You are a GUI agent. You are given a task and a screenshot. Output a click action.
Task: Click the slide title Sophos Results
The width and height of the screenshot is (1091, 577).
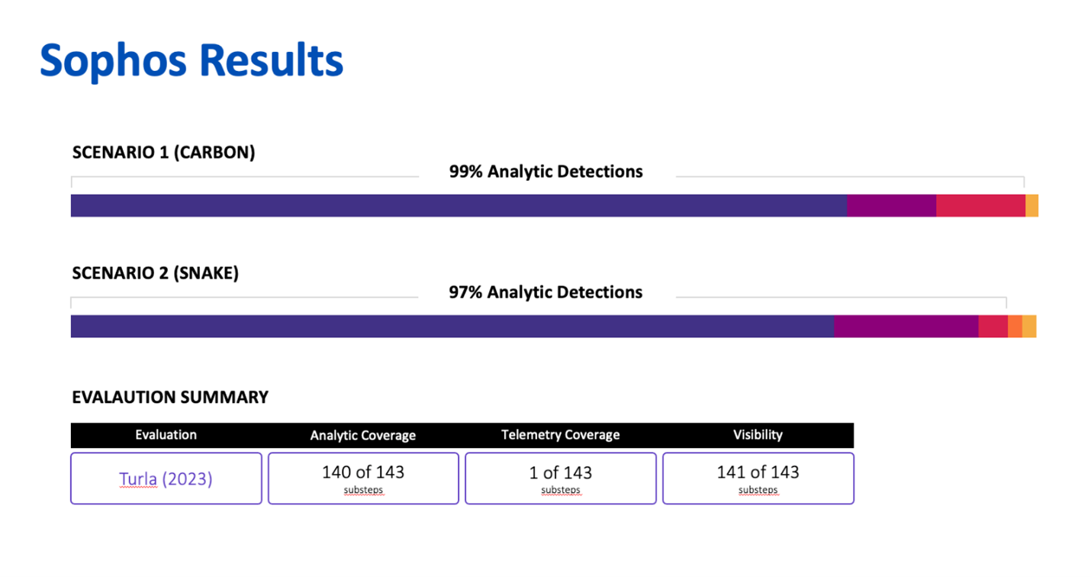(x=191, y=61)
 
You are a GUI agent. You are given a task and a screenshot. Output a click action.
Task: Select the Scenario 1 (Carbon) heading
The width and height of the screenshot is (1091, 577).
(x=163, y=152)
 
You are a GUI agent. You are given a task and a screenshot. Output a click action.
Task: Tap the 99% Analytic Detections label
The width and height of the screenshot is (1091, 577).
(x=545, y=172)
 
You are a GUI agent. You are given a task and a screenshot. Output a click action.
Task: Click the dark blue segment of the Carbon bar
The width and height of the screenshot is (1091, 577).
(x=458, y=205)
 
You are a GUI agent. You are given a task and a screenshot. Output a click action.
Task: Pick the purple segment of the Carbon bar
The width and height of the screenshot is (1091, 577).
(x=891, y=205)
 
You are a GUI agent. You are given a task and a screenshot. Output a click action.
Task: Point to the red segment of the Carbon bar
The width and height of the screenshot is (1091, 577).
(x=980, y=205)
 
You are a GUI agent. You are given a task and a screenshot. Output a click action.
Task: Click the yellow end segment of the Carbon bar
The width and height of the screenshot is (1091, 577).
(x=1031, y=205)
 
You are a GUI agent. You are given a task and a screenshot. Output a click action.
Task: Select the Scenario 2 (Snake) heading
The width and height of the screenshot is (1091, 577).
(x=155, y=273)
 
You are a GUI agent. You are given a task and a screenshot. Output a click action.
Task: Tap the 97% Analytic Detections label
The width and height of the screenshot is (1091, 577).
(x=545, y=292)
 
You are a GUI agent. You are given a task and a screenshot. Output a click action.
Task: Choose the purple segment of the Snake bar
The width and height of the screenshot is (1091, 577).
(x=906, y=326)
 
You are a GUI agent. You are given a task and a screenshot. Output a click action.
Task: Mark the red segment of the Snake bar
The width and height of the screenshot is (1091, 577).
(x=993, y=326)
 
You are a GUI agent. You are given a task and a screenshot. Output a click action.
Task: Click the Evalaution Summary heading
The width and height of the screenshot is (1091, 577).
(x=170, y=397)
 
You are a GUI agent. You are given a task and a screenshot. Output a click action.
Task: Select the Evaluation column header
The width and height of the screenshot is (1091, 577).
(x=166, y=435)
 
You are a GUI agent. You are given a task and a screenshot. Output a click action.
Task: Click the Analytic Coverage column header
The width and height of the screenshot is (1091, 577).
(x=362, y=436)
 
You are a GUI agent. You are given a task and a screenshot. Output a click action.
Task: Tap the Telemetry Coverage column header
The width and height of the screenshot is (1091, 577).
(x=560, y=435)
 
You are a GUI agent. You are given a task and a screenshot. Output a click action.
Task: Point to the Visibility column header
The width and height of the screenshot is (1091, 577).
(x=758, y=435)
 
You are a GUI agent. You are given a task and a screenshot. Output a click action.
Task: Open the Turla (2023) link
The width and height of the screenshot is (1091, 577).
(x=166, y=479)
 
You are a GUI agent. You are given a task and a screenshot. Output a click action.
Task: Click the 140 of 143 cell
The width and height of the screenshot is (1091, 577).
(x=363, y=478)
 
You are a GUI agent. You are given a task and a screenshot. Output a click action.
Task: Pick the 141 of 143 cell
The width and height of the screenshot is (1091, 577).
(x=758, y=478)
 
